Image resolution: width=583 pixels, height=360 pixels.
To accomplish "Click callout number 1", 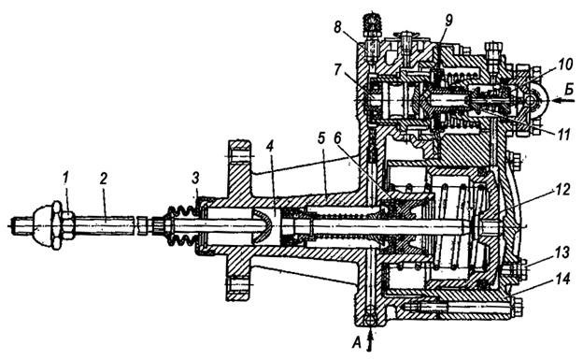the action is tap(66, 180).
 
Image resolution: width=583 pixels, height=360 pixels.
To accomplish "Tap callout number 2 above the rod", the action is tap(103, 180).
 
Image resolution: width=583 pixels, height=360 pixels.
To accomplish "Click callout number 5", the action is tap(321, 138).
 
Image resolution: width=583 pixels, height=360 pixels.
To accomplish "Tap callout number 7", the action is tap(338, 70).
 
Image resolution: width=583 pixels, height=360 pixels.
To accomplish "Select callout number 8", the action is tap(338, 27).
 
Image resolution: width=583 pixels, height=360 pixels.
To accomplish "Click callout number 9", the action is tap(448, 21).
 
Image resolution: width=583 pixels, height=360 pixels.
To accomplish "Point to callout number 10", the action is tap(564, 65).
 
